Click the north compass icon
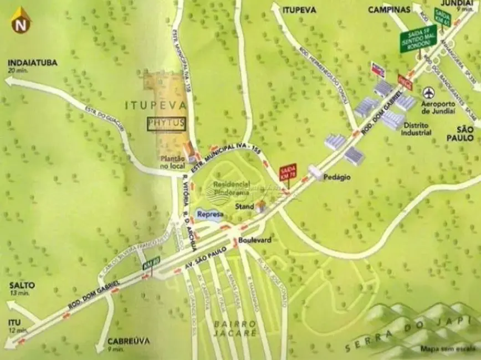point(21,20)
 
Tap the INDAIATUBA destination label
point(33,63)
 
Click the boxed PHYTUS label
point(166,124)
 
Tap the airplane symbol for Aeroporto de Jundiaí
point(429,92)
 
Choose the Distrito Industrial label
point(417,129)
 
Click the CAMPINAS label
point(389,9)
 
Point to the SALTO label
point(22,286)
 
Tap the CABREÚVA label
point(129,341)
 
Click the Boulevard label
point(255,240)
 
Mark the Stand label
point(244,207)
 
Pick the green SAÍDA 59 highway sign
point(418,39)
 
